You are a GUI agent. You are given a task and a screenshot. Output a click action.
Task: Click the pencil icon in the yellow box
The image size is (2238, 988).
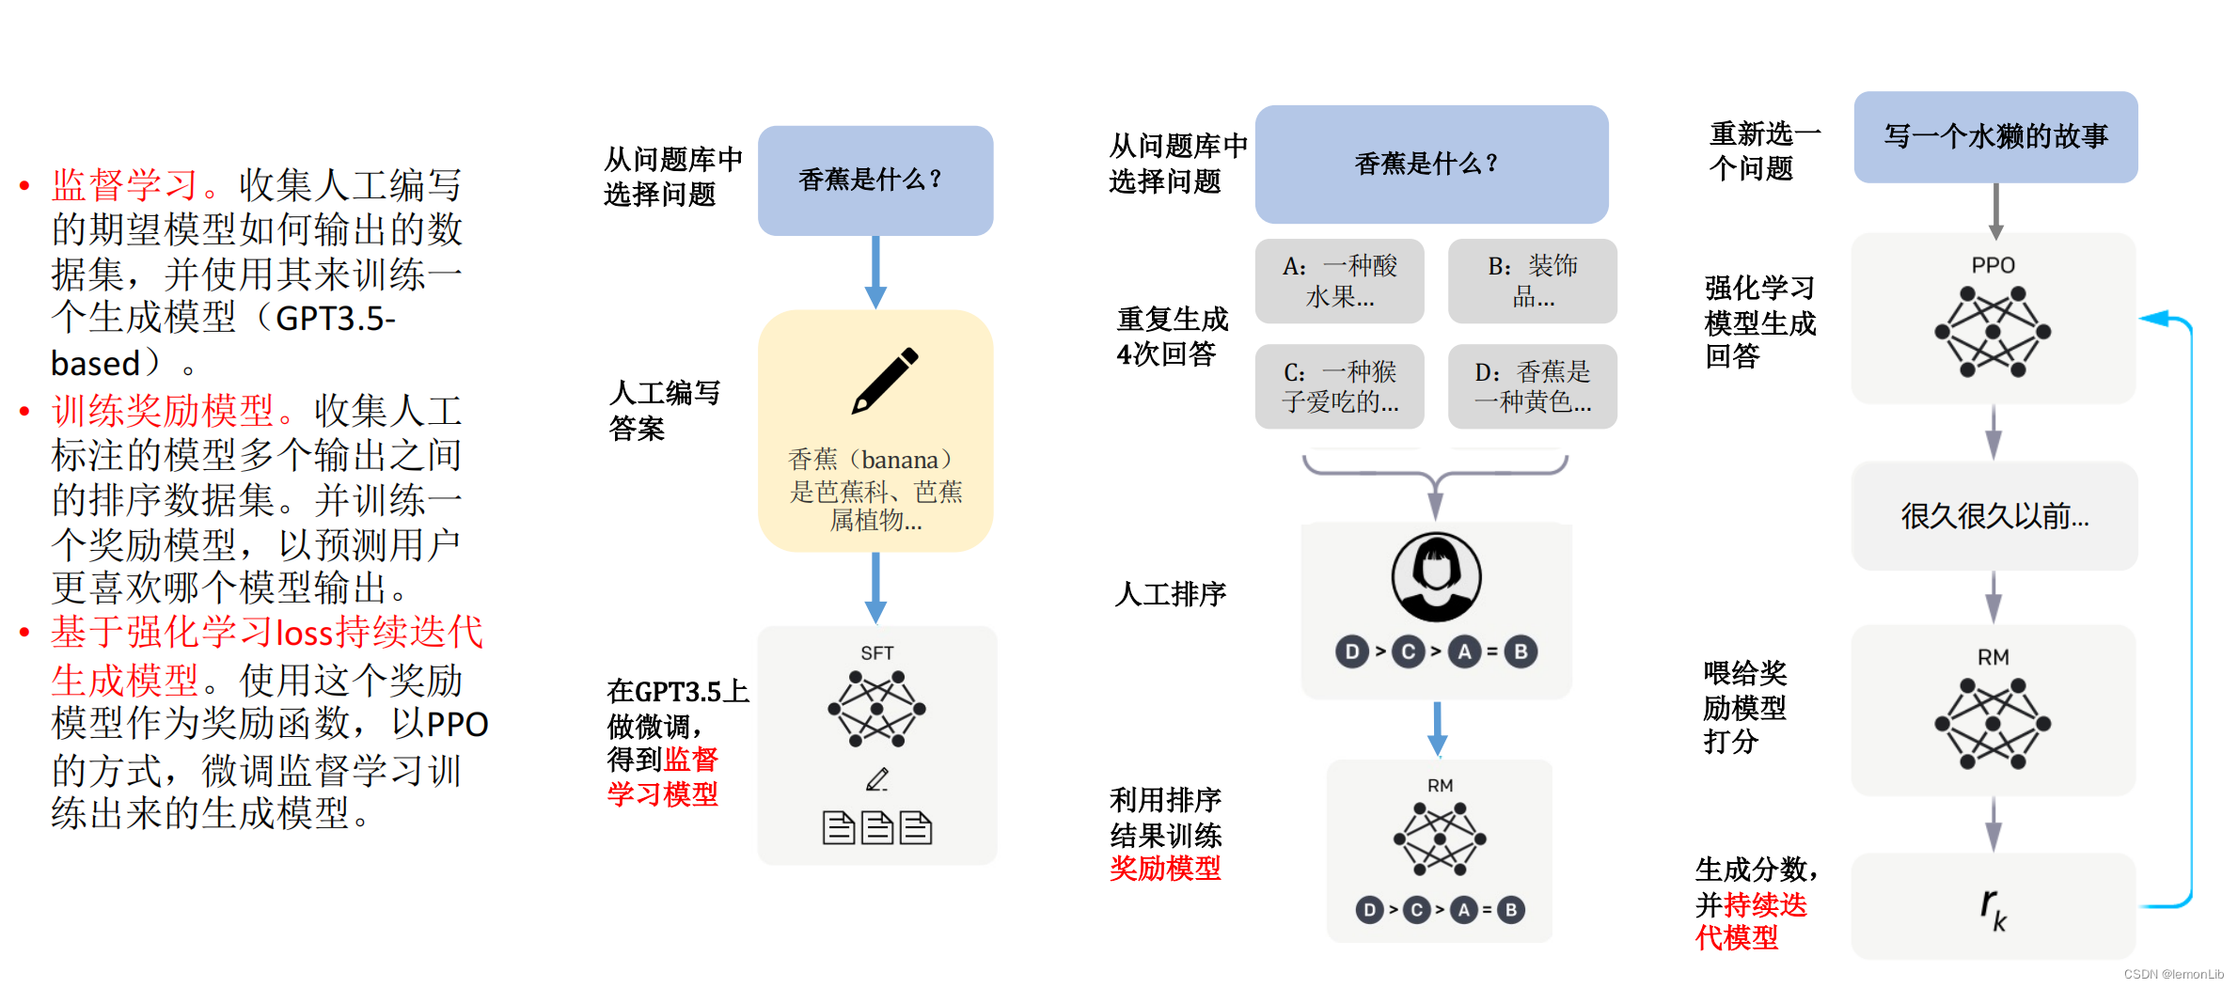coord(885,380)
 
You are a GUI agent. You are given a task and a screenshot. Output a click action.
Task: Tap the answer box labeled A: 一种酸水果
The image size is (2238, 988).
coord(1340,281)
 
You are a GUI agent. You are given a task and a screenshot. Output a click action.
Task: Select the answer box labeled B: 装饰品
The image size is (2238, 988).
coord(1533,281)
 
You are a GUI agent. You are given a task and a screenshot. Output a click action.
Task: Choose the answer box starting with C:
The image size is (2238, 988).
coord(1340,386)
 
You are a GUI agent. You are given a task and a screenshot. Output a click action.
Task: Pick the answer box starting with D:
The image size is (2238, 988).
coord(1533,386)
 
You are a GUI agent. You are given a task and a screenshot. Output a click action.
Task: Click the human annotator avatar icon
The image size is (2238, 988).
coord(1437,577)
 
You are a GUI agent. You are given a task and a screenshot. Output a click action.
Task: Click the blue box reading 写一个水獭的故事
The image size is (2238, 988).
coord(1995,137)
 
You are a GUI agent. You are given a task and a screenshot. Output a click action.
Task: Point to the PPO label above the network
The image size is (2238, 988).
coord(1994,265)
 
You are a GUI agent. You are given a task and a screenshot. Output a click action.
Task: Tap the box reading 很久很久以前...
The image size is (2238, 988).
coord(1994,516)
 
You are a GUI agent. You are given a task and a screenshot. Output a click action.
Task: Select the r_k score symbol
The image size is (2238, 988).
coord(1994,909)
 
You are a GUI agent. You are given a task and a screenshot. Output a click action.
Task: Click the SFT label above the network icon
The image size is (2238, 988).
coord(877,652)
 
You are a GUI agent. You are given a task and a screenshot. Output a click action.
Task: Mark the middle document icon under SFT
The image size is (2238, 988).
coord(877,827)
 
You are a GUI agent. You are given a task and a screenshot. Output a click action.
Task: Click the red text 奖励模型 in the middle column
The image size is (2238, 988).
coord(1165,868)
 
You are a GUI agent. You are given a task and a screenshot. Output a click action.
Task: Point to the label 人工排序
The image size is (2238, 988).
coord(1171,594)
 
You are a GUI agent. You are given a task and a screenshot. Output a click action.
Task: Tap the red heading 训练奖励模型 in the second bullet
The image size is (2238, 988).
coord(163,411)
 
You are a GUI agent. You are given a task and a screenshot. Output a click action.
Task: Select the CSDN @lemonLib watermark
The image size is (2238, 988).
coord(2173,974)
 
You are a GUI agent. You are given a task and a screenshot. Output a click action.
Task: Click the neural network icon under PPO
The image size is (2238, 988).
coord(1994,331)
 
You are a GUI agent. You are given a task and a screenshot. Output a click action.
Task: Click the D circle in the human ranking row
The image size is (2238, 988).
coord(1352,651)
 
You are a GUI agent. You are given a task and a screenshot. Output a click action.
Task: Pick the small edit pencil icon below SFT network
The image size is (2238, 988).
coord(877,779)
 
